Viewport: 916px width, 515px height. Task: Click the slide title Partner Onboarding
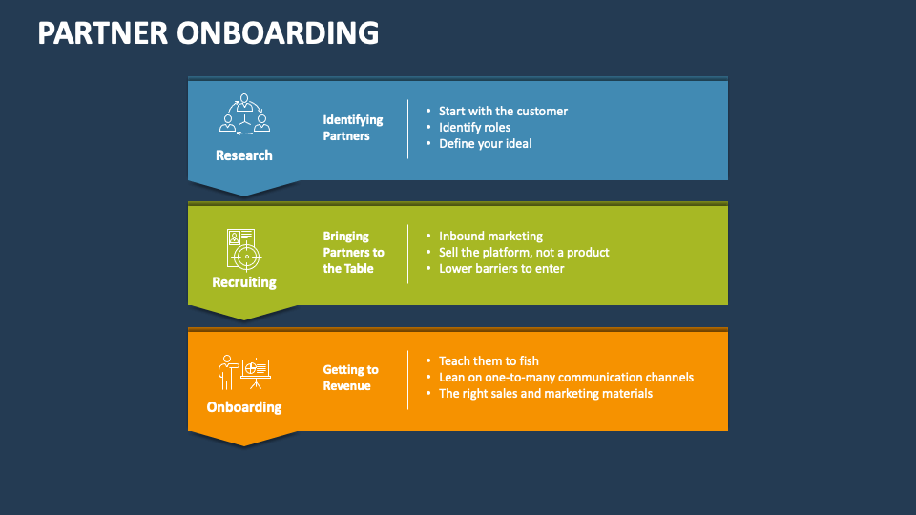point(208,33)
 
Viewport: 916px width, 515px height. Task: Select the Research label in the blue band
point(244,155)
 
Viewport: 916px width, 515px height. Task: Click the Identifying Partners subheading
point(352,128)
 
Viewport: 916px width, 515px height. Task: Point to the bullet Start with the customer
point(503,112)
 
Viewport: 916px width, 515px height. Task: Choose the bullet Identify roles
point(474,128)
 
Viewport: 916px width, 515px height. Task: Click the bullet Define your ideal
point(485,144)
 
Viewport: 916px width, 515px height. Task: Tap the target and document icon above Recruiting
point(243,248)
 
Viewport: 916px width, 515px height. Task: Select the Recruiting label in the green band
point(244,282)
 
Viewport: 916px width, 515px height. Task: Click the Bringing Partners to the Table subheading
point(353,252)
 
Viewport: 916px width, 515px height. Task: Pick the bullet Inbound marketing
point(490,237)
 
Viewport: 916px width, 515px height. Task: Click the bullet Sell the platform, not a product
point(523,253)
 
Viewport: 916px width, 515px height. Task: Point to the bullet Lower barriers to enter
point(501,269)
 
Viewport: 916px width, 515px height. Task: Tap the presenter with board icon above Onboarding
point(244,372)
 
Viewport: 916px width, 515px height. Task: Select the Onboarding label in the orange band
point(244,407)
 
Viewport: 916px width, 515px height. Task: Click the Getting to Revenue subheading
point(350,378)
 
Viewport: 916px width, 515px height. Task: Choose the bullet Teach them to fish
point(489,361)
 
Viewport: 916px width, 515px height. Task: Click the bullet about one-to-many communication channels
point(566,378)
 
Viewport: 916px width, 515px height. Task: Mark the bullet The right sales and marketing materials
point(545,394)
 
